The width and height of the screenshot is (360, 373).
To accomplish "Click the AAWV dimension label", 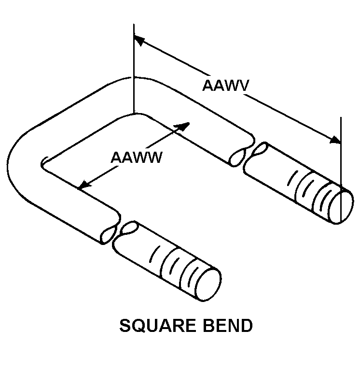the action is click(225, 86).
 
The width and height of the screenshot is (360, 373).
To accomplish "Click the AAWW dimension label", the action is click(137, 157).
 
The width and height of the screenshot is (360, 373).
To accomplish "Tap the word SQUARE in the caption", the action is click(157, 326).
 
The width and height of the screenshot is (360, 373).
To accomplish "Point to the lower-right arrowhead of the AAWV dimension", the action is click(335, 140).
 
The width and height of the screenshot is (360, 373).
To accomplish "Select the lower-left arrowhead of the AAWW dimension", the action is click(84, 185).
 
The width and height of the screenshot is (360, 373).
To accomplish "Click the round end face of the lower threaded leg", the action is click(208, 284).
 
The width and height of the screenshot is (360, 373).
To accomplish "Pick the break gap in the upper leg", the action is click(249, 155).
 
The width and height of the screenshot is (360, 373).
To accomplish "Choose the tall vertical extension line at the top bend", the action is click(134, 68).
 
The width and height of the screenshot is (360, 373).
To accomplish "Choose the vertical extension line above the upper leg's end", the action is click(341, 169).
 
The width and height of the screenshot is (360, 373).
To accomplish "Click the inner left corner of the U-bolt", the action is click(43, 164).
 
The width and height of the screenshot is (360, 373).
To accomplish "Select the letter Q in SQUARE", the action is click(138, 327).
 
